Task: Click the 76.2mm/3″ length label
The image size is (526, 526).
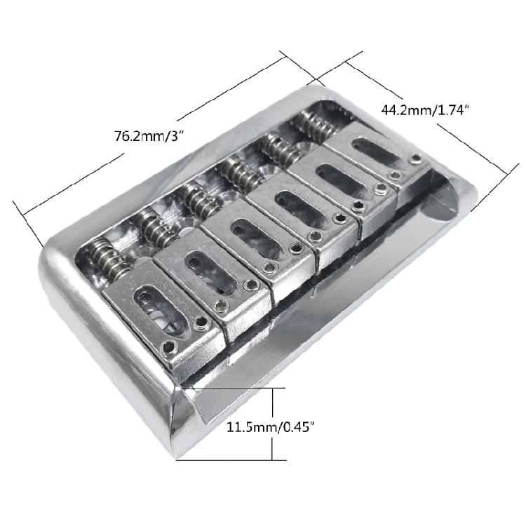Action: pyautogui.click(x=150, y=136)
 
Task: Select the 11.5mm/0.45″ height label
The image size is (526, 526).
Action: pyautogui.click(x=271, y=427)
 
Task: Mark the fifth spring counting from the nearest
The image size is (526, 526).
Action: pyautogui.click(x=280, y=147)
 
